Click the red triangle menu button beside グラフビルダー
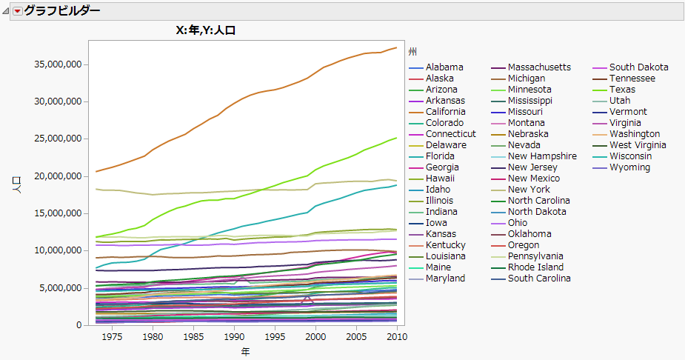click(x=18, y=10)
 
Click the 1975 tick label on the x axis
click(x=112, y=336)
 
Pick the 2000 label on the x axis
click(x=316, y=336)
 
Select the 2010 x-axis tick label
click(x=398, y=336)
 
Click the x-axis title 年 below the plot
click(x=245, y=351)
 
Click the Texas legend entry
click(x=622, y=90)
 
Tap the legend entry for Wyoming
click(x=629, y=167)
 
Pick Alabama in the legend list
click(x=444, y=67)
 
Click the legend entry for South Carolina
click(x=539, y=279)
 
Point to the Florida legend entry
click(x=440, y=156)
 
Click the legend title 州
click(x=412, y=52)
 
